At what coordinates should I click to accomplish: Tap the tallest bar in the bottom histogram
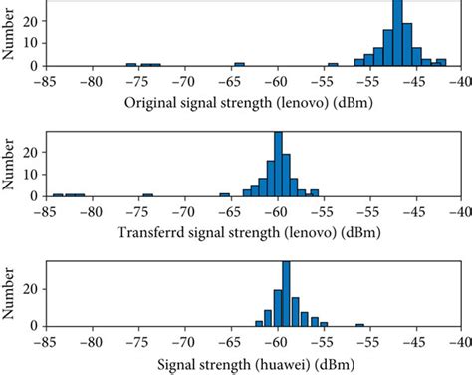(286, 294)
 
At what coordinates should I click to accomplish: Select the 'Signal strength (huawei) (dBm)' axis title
(253, 364)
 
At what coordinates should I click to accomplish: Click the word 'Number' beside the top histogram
(10, 34)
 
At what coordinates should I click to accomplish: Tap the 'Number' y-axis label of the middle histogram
(10, 164)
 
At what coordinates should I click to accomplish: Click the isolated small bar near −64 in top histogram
(238, 64)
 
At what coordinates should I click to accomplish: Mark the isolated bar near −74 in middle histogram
(148, 194)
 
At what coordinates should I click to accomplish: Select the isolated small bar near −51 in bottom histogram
(359, 324)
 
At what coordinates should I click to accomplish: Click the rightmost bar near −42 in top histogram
(441, 63)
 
